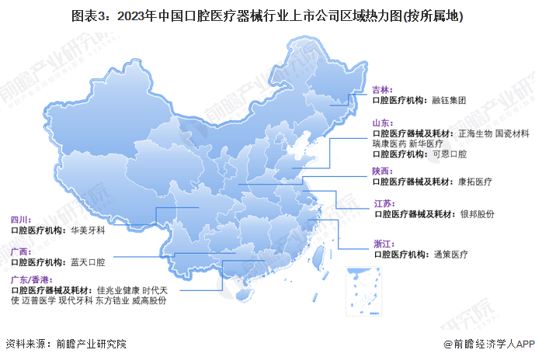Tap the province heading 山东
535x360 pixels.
382,123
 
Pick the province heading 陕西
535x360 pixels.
382,171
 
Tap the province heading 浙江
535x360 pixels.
383,244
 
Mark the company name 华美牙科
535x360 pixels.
86,230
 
